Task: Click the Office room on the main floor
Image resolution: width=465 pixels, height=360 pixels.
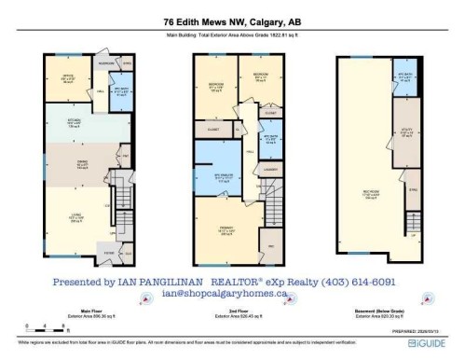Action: click(x=68, y=81)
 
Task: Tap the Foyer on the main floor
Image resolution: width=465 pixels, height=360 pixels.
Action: click(x=110, y=250)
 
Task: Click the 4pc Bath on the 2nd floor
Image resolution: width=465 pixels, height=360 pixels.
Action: click(x=270, y=138)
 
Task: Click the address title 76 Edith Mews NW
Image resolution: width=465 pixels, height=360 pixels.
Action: click(x=232, y=21)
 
